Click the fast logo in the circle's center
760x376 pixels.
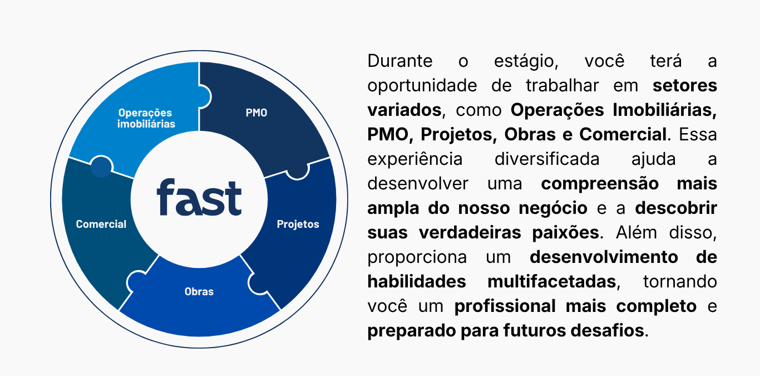[199, 197]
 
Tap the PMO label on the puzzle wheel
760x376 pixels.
[256, 113]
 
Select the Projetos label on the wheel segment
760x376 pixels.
[298, 224]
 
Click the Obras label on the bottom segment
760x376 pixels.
[199, 291]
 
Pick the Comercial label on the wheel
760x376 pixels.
[101, 224]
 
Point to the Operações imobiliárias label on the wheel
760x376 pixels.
[146, 118]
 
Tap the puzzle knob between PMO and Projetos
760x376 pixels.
[298, 171]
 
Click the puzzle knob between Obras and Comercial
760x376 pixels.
[136, 281]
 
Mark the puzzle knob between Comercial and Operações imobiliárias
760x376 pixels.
[101, 167]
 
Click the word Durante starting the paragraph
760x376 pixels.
[400, 61]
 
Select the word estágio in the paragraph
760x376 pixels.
[526, 62]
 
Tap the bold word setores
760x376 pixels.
[685, 85]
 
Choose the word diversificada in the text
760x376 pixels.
[547, 159]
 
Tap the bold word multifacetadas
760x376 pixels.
[552, 281]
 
